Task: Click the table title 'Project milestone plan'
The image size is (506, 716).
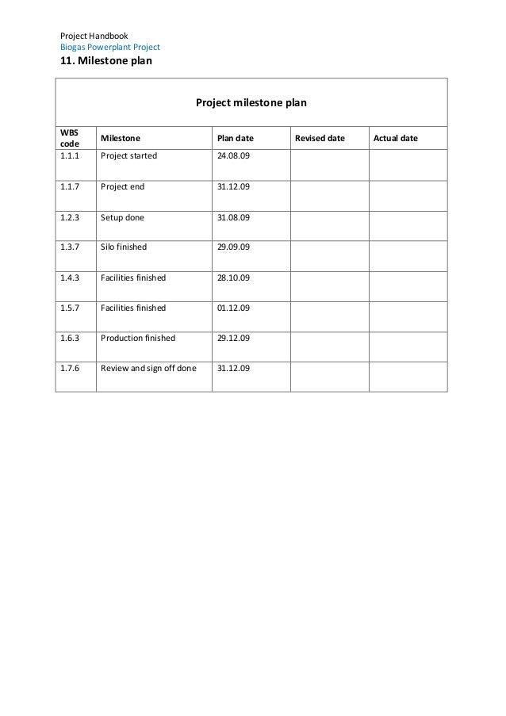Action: (251, 103)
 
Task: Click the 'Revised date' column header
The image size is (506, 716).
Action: (320, 139)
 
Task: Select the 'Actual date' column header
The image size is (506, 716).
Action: (396, 139)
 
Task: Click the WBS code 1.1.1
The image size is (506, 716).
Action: (70, 156)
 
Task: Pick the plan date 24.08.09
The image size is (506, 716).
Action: (233, 156)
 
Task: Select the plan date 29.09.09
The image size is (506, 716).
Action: (233, 247)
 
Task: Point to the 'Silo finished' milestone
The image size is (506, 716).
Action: (124, 247)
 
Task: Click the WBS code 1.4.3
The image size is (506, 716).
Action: (70, 278)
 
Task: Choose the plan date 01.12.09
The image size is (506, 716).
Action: (233, 308)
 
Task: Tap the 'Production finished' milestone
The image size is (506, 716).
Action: (138, 339)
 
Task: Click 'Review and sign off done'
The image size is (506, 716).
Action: (148, 369)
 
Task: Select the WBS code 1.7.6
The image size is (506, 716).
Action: (70, 369)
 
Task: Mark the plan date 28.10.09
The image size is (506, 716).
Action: (233, 278)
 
